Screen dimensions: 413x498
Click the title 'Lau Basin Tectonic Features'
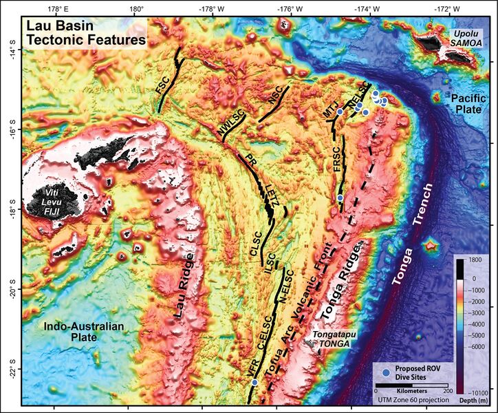click(x=85, y=34)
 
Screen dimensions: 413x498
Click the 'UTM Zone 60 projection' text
click(x=412, y=399)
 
